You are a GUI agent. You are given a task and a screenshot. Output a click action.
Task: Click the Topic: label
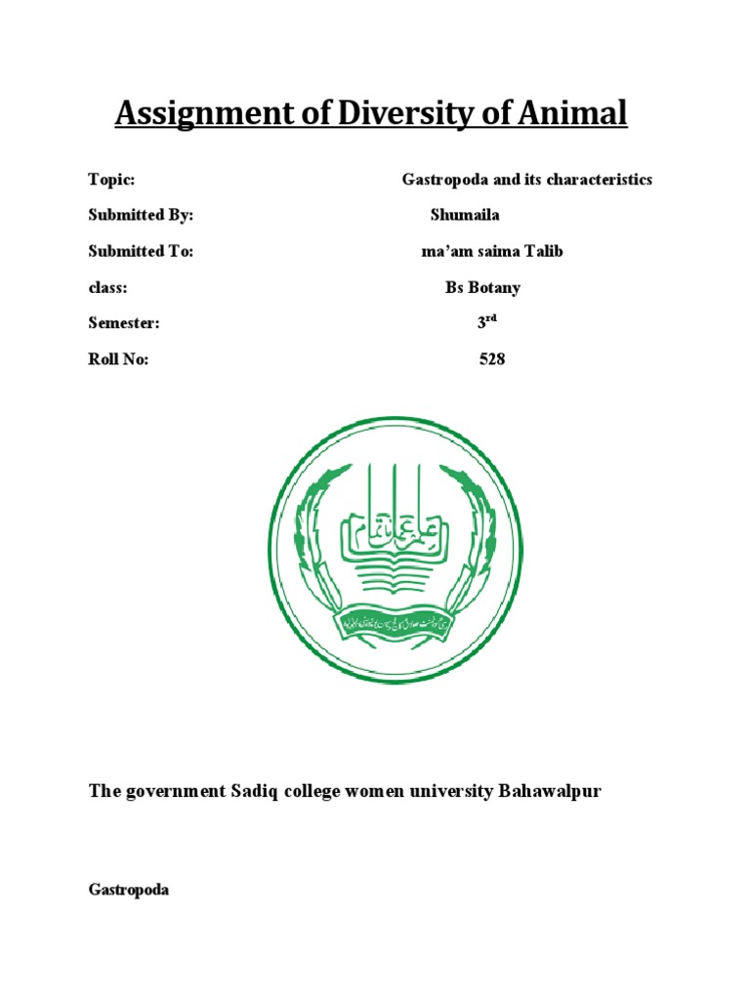[110, 180]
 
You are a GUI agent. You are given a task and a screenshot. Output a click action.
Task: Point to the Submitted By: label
[141, 215]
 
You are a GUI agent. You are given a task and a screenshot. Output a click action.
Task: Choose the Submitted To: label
[141, 251]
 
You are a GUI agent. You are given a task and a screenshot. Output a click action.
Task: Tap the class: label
[108, 288]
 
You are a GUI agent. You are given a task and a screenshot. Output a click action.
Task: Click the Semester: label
[124, 323]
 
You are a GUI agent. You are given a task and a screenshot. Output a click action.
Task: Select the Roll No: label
[119, 359]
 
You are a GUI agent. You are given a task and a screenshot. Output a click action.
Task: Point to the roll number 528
[492, 359]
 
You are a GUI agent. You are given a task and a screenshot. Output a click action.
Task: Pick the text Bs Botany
[484, 288]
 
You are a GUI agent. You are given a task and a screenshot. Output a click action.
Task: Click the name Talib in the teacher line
[544, 251]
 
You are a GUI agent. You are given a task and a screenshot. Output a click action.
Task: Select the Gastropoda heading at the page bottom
[128, 891]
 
